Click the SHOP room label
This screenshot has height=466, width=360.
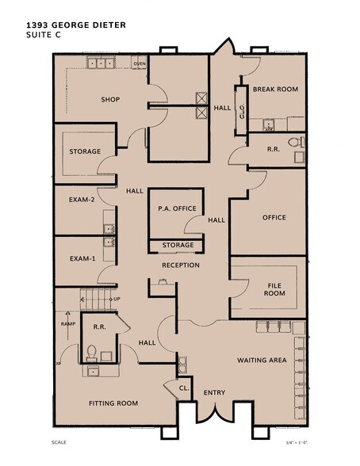pyautogui.click(x=110, y=100)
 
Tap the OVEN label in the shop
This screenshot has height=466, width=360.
pyautogui.click(x=140, y=63)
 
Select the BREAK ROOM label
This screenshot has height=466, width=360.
pyautogui.click(x=275, y=89)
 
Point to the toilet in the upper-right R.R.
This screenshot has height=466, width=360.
pyautogui.click(x=295, y=142)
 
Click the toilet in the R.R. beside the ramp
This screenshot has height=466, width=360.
pyautogui.click(x=91, y=353)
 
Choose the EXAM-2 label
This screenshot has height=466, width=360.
pyautogui.click(x=82, y=200)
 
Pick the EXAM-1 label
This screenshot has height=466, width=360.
pyautogui.click(x=82, y=258)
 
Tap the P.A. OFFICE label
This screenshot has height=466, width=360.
pyautogui.click(x=177, y=208)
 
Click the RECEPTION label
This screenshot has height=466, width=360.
pyautogui.click(x=181, y=265)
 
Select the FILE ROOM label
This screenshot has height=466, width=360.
pyautogui.click(x=274, y=289)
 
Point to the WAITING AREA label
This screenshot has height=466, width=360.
pyautogui.click(x=262, y=360)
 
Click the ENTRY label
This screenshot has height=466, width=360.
pyautogui.click(x=214, y=393)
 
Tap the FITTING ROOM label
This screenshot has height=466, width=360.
pyautogui.click(x=113, y=403)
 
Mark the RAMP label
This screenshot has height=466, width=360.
pyautogui.click(x=68, y=323)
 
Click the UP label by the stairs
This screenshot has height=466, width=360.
pyautogui.click(x=117, y=299)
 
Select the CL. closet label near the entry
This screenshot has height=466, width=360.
pyautogui.click(x=184, y=388)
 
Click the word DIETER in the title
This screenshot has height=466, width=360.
pyautogui.click(x=109, y=25)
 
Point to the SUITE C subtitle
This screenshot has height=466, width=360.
pyautogui.click(x=44, y=35)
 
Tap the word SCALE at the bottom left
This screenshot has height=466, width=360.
pyautogui.click(x=59, y=442)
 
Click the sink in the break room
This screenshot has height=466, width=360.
pyautogui.click(x=269, y=124)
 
